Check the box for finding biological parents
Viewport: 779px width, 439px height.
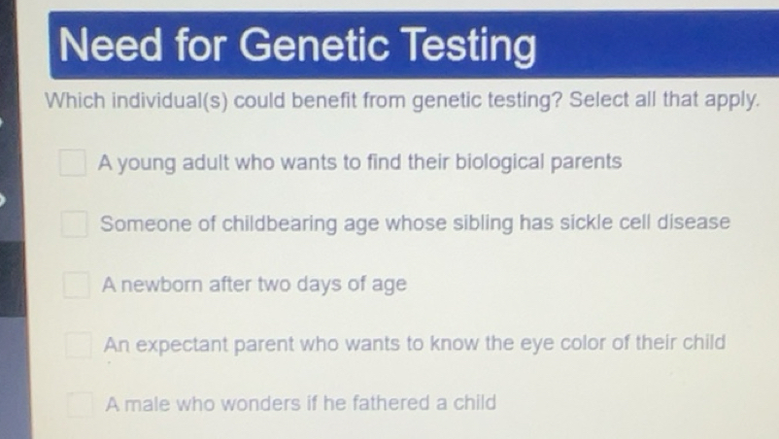click(x=72, y=162)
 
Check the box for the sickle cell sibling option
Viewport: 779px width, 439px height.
click(x=74, y=223)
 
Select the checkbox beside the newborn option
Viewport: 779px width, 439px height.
click(x=76, y=285)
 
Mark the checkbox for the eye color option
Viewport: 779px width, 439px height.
click(x=79, y=344)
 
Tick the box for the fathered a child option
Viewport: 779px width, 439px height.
click(x=81, y=403)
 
